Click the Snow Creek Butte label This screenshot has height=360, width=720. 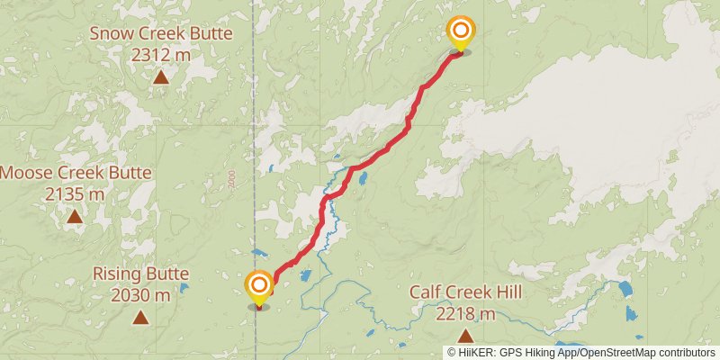click(161, 34)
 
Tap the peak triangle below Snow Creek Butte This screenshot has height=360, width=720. click(160, 76)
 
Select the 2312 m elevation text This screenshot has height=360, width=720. click(161, 55)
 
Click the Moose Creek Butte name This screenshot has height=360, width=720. click(75, 173)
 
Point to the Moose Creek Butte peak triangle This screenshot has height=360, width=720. click(74, 216)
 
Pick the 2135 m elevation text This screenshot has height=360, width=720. click(75, 193)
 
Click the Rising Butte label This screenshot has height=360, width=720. click(140, 274)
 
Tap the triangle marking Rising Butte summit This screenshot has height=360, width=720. click(140, 317)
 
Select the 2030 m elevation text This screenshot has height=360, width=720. click(140, 294)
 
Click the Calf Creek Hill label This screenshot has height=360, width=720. click(465, 292)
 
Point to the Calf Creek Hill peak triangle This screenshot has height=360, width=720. click(465, 336)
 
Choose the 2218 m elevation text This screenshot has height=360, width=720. click(465, 313)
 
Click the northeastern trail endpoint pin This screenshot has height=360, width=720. click(461, 33)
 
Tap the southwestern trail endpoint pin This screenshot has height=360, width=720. click(259, 288)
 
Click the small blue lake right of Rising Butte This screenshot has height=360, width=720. click(184, 290)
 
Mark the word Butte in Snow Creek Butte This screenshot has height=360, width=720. click(209, 34)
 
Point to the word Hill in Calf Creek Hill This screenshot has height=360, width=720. click(507, 292)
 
